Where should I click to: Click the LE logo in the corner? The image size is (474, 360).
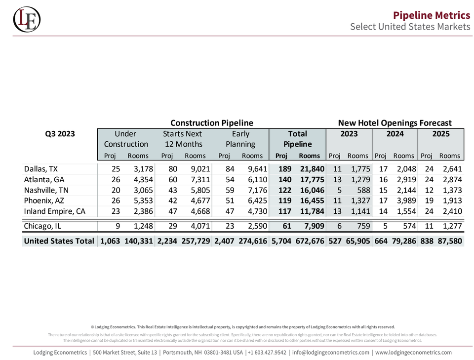click(27, 19)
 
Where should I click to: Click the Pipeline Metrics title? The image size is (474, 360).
click(432, 15)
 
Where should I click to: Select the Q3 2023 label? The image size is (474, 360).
click(60, 134)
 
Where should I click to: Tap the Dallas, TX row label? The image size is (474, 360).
click(41, 169)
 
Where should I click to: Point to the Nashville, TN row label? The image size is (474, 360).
click(46, 190)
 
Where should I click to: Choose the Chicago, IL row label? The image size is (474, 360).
click(42, 226)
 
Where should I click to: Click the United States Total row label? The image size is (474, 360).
click(59, 241)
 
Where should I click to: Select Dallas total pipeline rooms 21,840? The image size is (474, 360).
click(312, 169)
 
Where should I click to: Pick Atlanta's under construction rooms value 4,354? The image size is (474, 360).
click(143, 180)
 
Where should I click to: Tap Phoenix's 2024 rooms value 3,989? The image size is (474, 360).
click(406, 200)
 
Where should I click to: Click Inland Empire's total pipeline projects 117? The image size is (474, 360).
click(285, 211)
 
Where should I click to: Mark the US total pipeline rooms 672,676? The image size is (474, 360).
click(310, 241)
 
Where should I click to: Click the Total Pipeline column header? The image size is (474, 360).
click(297, 139)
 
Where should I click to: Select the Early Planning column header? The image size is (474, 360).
click(240, 139)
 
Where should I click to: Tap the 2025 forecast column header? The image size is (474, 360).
click(441, 134)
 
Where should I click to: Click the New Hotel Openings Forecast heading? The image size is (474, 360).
click(395, 123)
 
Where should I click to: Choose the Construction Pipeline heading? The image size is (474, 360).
click(212, 123)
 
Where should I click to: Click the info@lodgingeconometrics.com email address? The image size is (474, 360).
click(331, 353)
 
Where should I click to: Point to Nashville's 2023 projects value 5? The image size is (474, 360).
click(340, 190)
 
